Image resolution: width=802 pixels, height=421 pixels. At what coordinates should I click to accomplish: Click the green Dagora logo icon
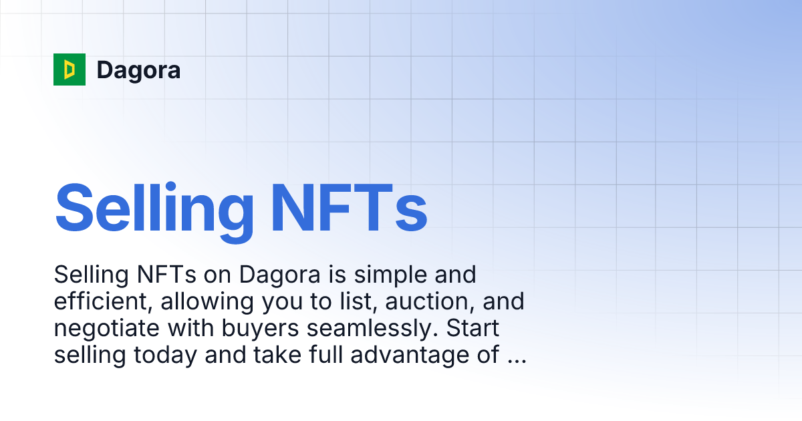pyautogui.click(x=70, y=69)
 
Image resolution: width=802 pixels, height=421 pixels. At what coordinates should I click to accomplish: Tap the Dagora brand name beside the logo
pyautogui.click(x=138, y=69)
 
